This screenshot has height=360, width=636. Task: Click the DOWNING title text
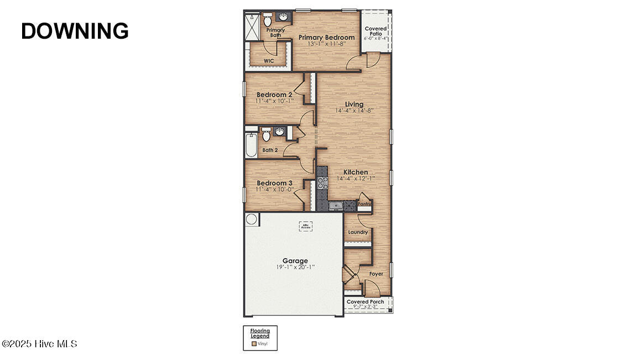point(75,31)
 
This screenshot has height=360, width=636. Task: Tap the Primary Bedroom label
point(326,38)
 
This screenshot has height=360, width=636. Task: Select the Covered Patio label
point(376,31)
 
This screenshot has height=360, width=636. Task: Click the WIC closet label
point(269,61)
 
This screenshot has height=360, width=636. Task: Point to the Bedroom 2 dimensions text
point(274,101)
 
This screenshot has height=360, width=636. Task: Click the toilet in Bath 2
point(266,134)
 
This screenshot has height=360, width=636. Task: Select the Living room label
point(354,104)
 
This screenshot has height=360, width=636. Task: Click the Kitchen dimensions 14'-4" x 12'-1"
point(355,179)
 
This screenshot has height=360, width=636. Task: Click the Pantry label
point(364,204)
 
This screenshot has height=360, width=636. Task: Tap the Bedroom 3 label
point(274,183)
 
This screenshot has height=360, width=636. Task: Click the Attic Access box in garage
point(306,226)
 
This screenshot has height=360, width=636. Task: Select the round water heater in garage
point(252,219)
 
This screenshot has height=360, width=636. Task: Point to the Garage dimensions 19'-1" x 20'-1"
point(295,267)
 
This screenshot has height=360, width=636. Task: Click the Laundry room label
point(358,232)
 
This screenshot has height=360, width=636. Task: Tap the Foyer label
point(376,274)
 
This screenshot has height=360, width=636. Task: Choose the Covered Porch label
point(365,302)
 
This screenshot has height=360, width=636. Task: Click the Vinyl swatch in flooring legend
point(254,343)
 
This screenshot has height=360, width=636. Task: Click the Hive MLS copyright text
point(39,344)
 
